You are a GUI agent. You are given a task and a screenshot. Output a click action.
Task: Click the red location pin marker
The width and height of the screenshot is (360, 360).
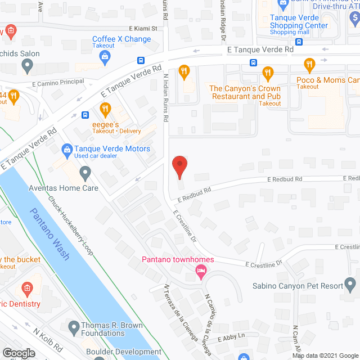pyautogui.click(x=179, y=167)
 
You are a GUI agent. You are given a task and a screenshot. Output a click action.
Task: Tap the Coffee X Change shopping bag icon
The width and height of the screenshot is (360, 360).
pyautogui.click(x=105, y=56)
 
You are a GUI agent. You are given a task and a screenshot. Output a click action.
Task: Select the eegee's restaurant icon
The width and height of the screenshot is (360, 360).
pyautogui.click(x=104, y=108)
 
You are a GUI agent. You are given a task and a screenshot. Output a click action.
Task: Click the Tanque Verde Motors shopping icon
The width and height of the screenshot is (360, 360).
pyautogui.click(x=66, y=150)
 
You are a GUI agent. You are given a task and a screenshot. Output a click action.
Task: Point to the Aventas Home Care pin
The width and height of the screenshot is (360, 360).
pyautogui.click(x=85, y=172)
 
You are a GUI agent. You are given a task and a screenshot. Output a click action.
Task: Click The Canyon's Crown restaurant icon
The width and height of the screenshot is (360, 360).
pyautogui.click(x=267, y=72)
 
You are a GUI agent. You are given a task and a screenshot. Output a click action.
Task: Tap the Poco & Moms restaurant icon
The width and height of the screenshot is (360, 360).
pyautogui.click(x=308, y=64)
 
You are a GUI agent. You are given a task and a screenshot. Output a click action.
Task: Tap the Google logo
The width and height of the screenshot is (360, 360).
pyautogui.click(x=18, y=353)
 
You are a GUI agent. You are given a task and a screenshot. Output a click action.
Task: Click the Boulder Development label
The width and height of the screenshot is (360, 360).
pyautogui.click(x=124, y=352)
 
